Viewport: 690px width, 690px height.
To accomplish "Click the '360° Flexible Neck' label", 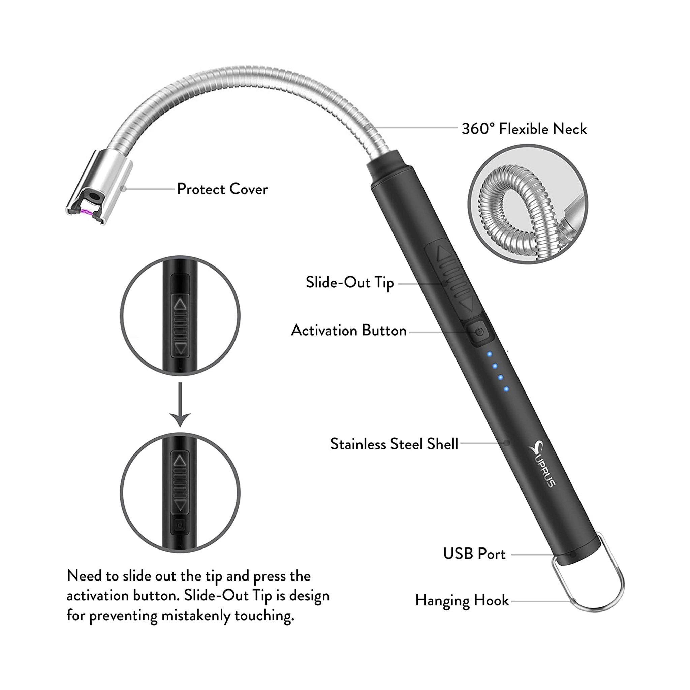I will coord(524,129).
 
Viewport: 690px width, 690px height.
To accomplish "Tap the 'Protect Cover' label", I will coord(222,189).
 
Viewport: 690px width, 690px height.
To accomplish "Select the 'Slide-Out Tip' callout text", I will coord(350,282).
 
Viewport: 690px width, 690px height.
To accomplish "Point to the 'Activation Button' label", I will coord(349,331).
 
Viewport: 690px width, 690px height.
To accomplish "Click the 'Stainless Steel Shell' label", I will coord(394,444).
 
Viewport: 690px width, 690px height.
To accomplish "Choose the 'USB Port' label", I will coord(474,554).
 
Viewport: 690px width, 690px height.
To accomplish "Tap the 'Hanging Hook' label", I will coord(462,600).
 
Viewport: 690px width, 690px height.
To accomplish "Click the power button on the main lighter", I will coord(479,332).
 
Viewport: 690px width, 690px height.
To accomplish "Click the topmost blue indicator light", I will coord(490,354).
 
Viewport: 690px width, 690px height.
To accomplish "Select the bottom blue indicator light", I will coord(506,388).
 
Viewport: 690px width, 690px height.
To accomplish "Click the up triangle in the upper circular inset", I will coord(180,304).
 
